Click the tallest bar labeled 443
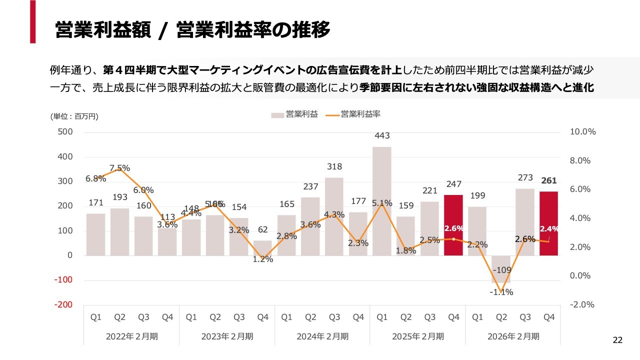[382, 200]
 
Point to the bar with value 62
[262, 247]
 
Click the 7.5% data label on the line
[119, 168]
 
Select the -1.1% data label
[501, 292]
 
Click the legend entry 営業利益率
[360, 114]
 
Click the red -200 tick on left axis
[63, 304]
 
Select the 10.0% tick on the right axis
[582, 132]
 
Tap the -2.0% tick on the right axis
[582, 304]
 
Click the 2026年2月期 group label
[513, 336]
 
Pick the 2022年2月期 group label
[131, 336]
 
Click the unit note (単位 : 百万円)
[74, 116]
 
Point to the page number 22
[618, 340]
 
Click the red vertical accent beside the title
[33, 21]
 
